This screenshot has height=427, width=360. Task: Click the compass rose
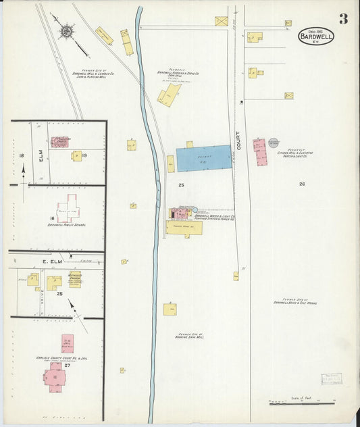tap(68, 31)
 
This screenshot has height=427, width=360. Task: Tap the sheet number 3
tap(343, 19)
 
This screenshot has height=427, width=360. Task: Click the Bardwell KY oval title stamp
tap(316, 36)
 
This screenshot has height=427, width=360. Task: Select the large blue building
tap(204, 158)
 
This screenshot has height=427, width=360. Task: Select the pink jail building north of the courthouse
tap(68, 344)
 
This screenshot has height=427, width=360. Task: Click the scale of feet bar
tap(301, 403)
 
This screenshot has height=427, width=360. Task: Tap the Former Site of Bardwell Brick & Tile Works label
tap(295, 301)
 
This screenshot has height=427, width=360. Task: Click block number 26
tap(302, 184)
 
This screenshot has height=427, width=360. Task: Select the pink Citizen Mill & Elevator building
tap(259, 153)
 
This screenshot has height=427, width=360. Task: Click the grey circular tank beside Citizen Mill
tap(273, 143)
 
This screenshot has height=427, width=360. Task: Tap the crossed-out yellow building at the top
tap(222, 22)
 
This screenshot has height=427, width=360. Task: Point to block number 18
tap(22, 156)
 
